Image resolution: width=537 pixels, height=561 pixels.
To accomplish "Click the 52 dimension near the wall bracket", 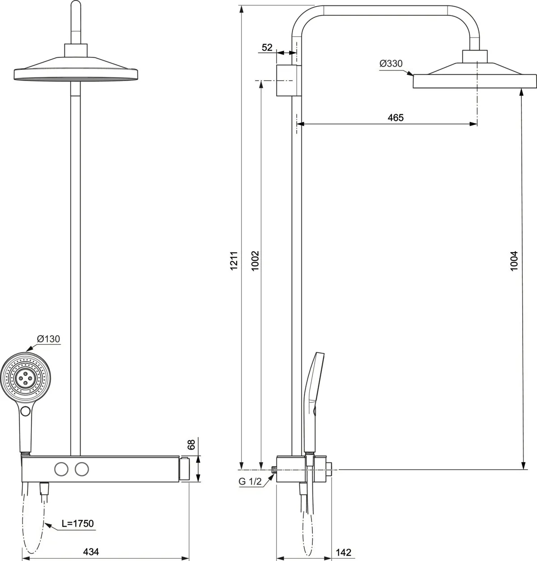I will [267, 47].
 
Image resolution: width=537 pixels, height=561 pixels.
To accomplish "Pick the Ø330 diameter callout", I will [391, 64].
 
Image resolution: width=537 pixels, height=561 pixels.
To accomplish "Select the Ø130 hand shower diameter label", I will [48, 339].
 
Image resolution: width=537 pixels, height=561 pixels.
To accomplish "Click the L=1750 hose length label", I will [77, 523].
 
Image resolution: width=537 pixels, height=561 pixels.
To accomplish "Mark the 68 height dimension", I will [191, 445].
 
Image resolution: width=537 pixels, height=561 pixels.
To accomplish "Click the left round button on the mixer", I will [61, 469].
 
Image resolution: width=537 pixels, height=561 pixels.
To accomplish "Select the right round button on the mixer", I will [81, 469].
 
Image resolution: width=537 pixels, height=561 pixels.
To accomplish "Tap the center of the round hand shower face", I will [26, 378].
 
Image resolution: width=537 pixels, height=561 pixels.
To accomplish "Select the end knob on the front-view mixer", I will [185, 469].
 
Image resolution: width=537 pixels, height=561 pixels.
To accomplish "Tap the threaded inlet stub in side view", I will [274, 470].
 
